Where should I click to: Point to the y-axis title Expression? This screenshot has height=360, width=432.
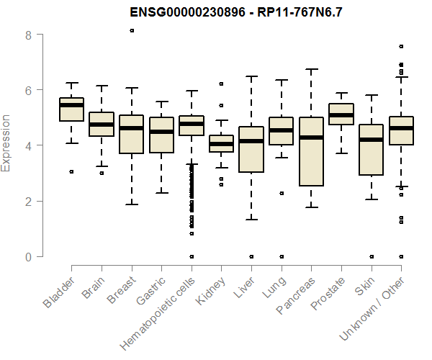coord(6,143)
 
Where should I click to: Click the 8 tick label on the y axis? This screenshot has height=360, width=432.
coord(30,35)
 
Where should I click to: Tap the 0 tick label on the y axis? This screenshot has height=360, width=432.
coord(30,256)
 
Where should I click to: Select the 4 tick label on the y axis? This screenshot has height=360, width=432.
coord(30,145)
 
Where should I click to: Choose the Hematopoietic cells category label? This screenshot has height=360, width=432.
coord(160,310)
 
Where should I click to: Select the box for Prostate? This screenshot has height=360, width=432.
coord(341,114)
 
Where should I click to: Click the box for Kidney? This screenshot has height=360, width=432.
coord(221,143)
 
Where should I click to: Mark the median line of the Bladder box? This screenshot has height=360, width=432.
coord(72,105)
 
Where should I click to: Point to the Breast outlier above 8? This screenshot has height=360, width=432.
coord(132,30)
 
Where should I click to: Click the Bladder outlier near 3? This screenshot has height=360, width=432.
coord(72,171)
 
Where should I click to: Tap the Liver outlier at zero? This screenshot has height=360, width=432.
coord(251,256)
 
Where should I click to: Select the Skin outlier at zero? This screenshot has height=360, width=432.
coord(371,256)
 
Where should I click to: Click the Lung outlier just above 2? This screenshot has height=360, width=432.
coord(281,193)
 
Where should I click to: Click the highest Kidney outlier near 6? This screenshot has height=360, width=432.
coord(221,84)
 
